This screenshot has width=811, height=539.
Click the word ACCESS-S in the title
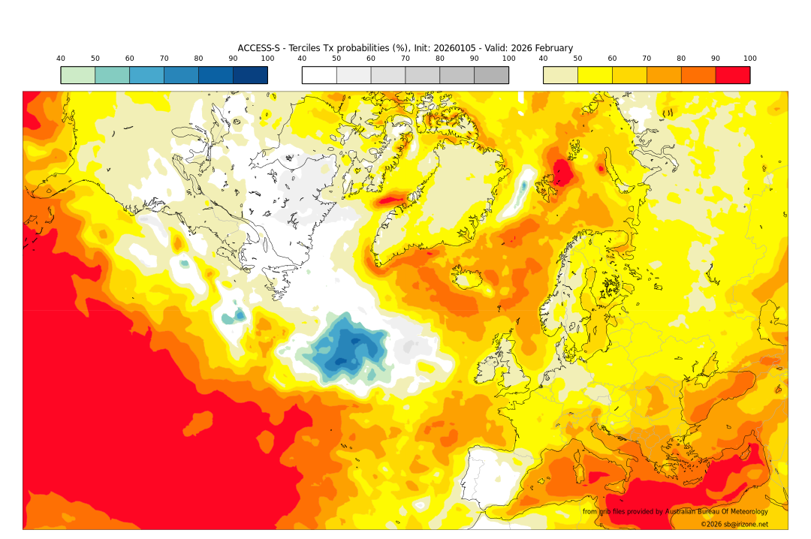coord(259,48)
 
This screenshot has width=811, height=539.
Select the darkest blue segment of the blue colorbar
coord(250,75)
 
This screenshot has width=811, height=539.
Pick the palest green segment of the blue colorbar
coord(78,75)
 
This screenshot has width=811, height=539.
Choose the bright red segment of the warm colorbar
coord(732,75)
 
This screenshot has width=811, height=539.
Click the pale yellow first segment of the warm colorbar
coord(560,75)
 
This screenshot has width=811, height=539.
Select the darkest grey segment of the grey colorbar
coord(491,75)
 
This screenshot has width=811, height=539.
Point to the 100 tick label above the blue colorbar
coord(267,59)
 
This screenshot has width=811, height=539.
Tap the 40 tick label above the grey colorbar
coord(302,59)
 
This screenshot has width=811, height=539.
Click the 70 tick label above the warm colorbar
coord(647,59)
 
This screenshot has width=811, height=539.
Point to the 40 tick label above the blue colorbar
coord(61,59)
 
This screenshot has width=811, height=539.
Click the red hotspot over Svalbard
coord(562,172)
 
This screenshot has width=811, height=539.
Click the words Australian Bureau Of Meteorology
coord(716,512)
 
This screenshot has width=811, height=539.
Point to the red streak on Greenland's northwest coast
coord(390,200)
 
